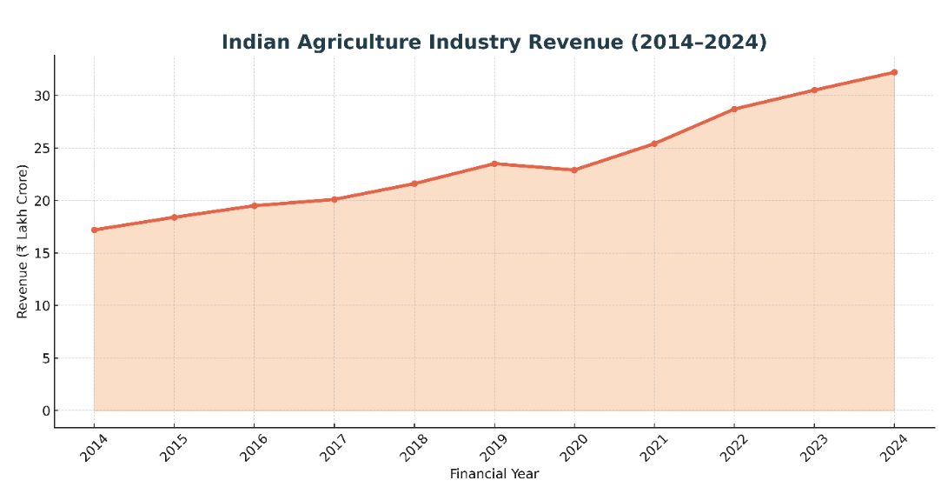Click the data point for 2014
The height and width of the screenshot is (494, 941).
click(x=94, y=230)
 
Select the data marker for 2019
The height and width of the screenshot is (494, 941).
click(x=494, y=164)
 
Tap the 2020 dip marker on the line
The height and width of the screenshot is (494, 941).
click(x=574, y=170)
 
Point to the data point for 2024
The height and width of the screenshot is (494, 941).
click(x=894, y=72)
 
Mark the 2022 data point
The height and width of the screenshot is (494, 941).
click(x=734, y=109)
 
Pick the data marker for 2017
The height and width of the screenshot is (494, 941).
click(x=335, y=199)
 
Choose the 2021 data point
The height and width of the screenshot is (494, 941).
click(x=654, y=144)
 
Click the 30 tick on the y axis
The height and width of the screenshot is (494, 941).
click(x=40, y=96)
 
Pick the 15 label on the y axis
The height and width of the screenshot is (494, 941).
click(x=40, y=253)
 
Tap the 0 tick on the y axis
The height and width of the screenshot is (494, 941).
click(x=44, y=411)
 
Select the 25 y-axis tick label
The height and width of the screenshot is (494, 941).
click(x=40, y=148)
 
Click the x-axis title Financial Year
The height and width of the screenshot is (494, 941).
click(x=494, y=474)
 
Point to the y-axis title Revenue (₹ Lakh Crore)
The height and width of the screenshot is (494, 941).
click(x=23, y=241)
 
